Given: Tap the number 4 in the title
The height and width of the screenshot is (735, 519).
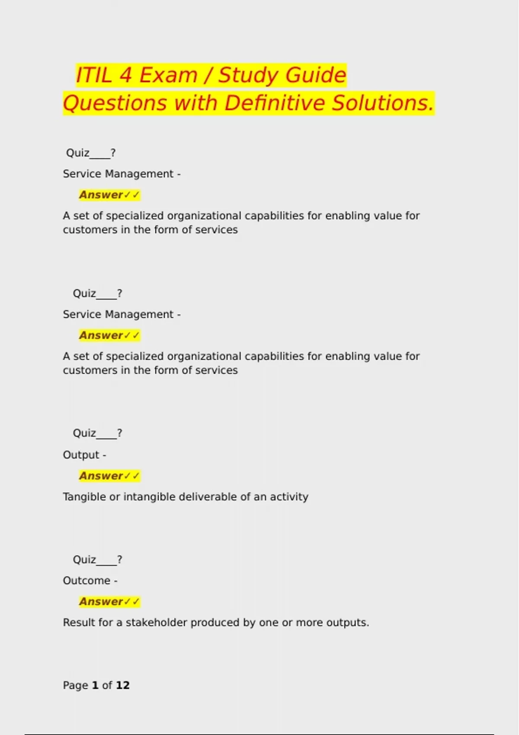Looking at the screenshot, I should (125, 75).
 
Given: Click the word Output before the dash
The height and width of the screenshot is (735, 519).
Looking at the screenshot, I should (81, 455).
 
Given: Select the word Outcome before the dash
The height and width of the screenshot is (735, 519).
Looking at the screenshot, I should (86, 581).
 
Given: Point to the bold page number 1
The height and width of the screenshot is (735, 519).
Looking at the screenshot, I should (95, 685).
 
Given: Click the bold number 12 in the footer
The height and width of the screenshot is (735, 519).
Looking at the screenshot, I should (123, 685).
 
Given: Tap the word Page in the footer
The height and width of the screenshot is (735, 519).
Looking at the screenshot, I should (75, 685).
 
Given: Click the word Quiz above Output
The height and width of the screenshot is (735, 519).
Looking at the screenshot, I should (84, 433).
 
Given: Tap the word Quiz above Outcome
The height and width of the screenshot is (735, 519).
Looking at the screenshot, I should (84, 560).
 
